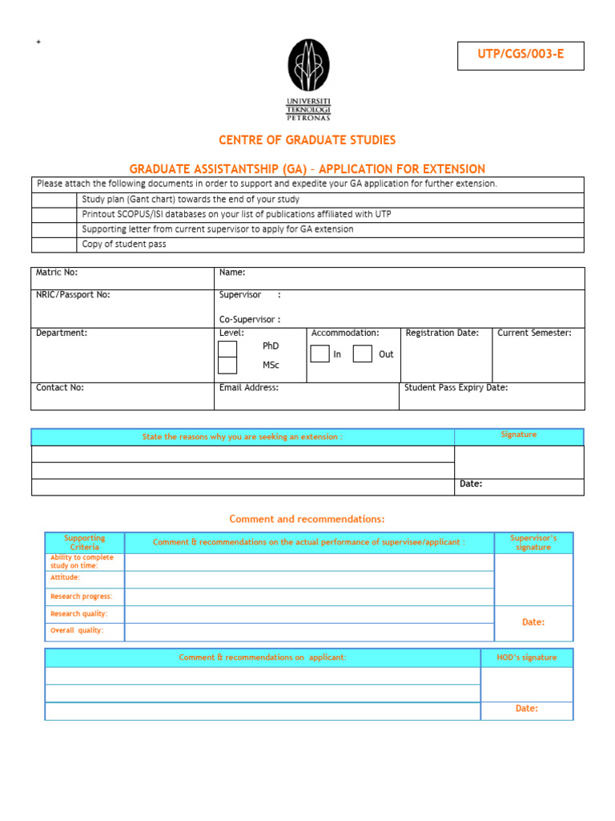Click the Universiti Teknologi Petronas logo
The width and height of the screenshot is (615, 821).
[308, 79]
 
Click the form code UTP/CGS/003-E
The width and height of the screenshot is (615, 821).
[521, 55]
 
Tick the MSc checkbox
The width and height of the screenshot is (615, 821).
[227, 366]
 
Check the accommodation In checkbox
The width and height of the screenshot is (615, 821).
[320, 354]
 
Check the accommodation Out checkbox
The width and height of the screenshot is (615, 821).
[362, 354]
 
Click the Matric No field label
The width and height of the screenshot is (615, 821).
[57, 273]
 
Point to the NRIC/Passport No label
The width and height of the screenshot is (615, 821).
[73, 294]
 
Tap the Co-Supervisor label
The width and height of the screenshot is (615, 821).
[250, 319]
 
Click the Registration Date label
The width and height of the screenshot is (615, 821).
[442, 333]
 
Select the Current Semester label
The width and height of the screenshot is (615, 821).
[534, 333]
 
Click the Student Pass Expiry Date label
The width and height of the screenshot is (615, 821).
[456, 387]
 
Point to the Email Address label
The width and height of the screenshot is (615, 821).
[249, 387]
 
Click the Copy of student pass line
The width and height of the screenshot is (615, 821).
[124, 244]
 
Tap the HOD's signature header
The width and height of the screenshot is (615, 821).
[526, 657]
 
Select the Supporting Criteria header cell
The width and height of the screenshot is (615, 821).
[84, 542]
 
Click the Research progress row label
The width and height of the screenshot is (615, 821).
[82, 597]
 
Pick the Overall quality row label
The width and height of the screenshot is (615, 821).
[77, 630]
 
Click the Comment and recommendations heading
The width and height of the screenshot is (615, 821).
[307, 520]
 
